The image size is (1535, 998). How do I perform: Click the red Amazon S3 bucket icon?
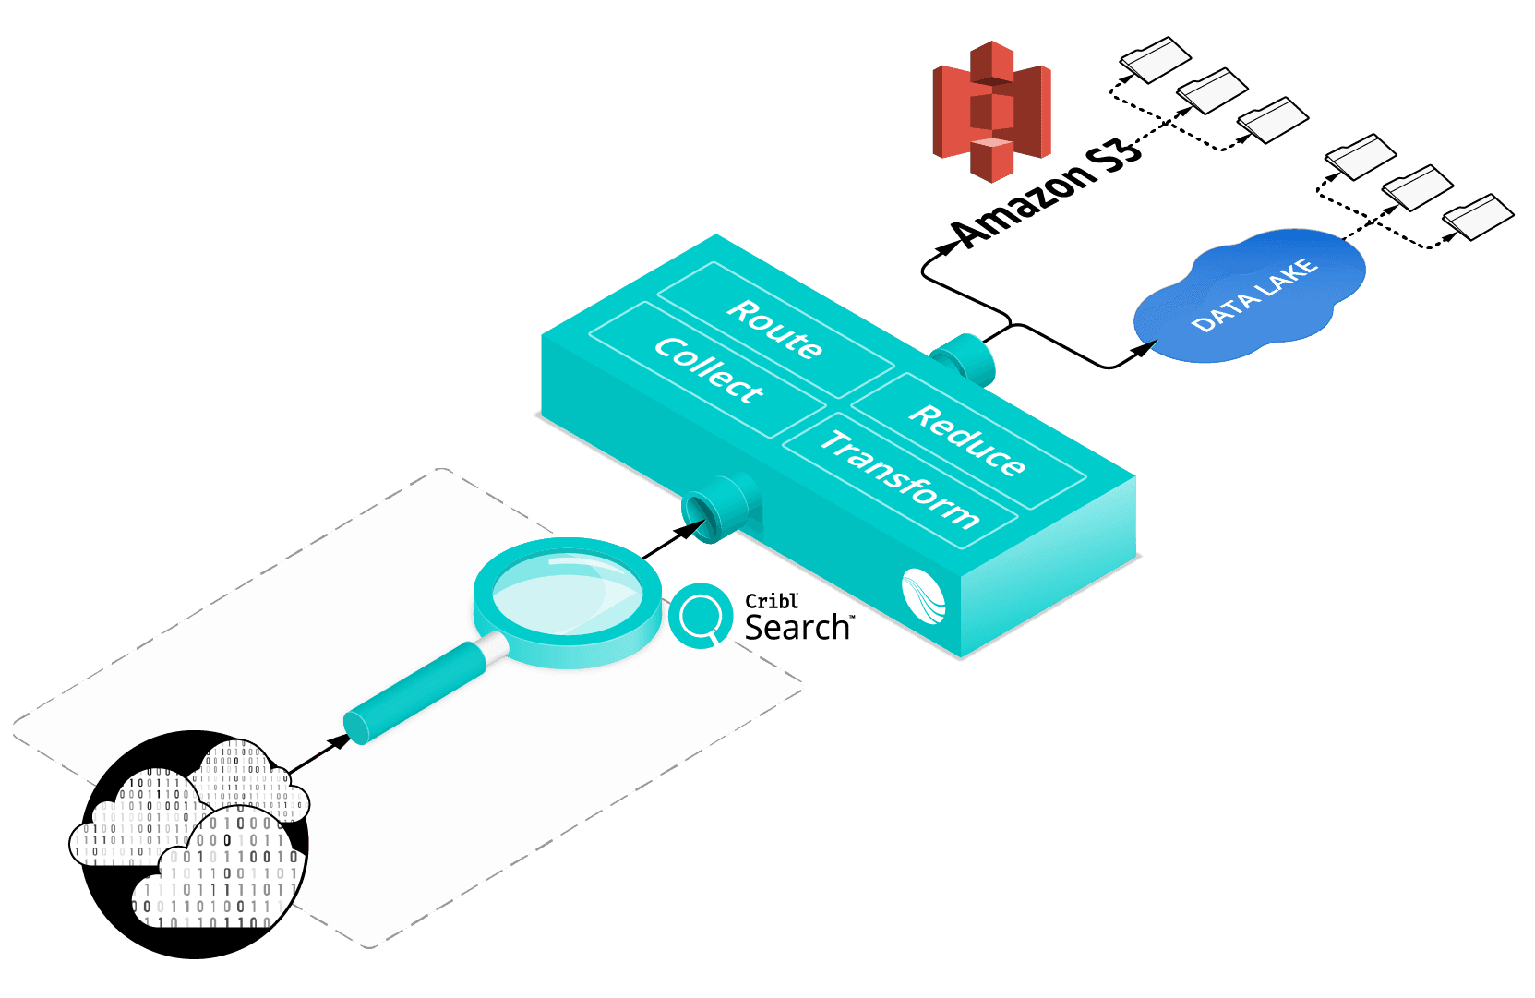[x=991, y=111]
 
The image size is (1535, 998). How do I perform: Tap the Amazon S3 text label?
[x=1048, y=195]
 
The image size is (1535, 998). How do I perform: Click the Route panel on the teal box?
[x=774, y=329]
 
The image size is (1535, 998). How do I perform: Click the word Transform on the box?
[x=899, y=479]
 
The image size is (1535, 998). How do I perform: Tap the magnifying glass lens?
[x=566, y=591]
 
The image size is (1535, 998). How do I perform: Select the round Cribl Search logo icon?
[x=701, y=616]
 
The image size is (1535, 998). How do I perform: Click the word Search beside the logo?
[x=797, y=628]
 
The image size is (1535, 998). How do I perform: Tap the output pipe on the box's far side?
[x=965, y=358]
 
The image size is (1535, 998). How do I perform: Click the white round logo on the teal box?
[x=924, y=596]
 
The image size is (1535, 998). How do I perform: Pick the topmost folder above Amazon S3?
[x=1156, y=58]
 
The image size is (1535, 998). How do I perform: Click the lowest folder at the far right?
[x=1479, y=216]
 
